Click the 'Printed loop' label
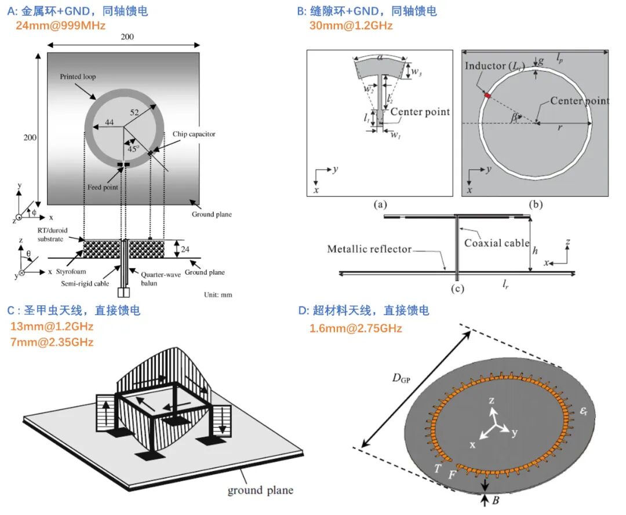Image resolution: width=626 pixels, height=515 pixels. coord(78,77)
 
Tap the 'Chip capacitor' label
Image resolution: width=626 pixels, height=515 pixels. coord(194,134)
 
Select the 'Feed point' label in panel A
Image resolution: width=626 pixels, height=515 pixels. coord(103,188)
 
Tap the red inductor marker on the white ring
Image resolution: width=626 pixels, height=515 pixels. coord(488,95)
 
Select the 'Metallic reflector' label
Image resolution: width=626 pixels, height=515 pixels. coord(369,249)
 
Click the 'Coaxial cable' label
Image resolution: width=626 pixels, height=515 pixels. coord(497,243)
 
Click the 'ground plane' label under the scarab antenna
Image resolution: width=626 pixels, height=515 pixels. coord(260,491)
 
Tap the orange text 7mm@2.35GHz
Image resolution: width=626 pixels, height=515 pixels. coord(51,342)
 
